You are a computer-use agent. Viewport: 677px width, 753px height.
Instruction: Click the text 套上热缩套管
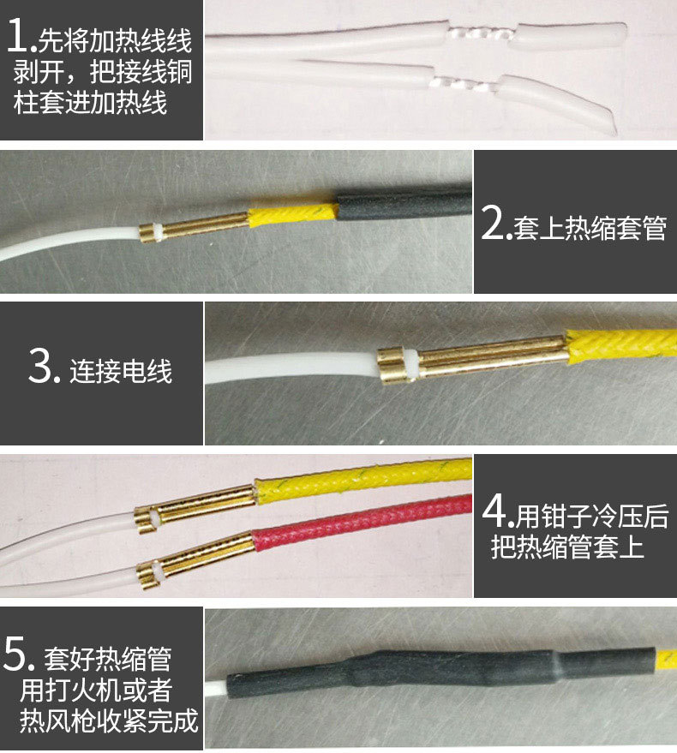coord(590,227)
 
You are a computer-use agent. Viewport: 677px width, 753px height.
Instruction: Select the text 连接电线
coord(121,371)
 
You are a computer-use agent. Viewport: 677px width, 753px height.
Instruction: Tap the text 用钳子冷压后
coord(592,517)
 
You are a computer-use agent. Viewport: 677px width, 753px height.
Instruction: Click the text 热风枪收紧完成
coord(109,720)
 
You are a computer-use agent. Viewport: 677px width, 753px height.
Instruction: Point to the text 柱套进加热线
coord(90,102)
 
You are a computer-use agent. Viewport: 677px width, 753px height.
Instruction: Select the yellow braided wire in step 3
coord(621,345)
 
